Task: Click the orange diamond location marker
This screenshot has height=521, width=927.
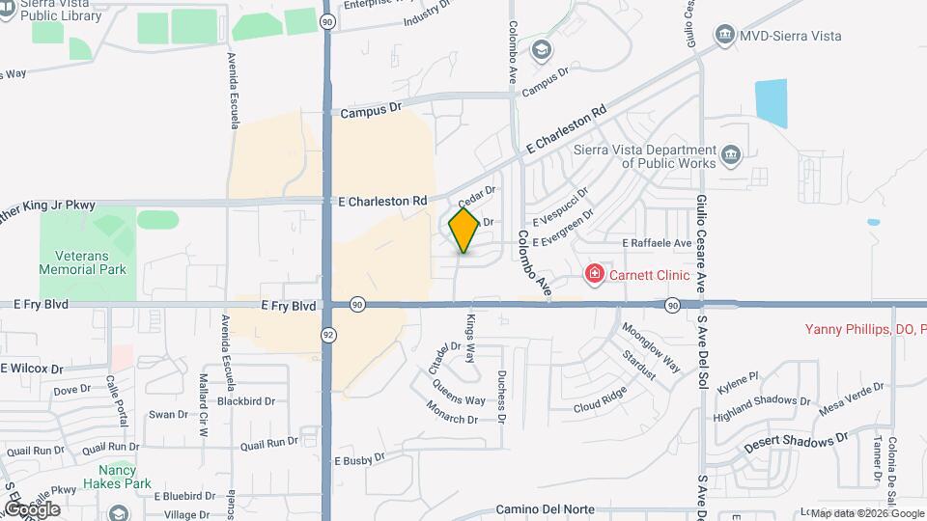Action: click(464, 231)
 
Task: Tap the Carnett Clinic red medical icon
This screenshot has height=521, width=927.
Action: click(595, 275)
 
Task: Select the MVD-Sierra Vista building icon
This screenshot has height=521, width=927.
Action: click(725, 36)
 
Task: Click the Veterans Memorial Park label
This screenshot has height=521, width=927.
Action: click(82, 262)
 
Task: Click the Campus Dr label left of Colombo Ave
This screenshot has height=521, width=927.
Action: click(370, 112)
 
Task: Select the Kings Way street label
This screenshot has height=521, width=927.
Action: click(472, 339)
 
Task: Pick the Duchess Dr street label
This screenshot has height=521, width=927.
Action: click(502, 396)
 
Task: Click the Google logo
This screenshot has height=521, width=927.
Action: click(32, 508)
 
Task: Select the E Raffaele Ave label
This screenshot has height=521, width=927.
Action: click(658, 243)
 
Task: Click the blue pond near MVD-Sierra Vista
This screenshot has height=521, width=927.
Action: click(771, 103)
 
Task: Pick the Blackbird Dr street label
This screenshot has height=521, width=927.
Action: click(246, 400)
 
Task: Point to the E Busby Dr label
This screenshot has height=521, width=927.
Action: click(360, 462)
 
